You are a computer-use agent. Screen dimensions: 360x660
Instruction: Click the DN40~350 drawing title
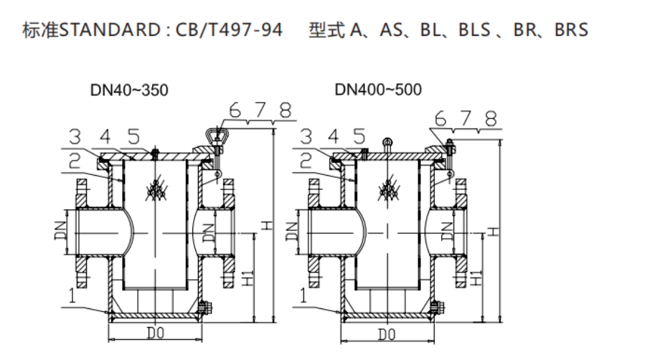[x=129, y=90]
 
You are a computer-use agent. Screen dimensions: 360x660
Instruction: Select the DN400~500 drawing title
[x=378, y=90]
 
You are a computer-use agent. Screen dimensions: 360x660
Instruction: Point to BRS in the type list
[x=571, y=31]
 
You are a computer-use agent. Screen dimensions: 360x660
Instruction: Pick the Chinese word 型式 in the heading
[x=326, y=31]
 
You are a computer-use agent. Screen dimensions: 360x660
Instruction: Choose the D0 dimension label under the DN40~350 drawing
[x=154, y=333]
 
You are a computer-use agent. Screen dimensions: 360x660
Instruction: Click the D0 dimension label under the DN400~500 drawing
[x=387, y=333]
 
